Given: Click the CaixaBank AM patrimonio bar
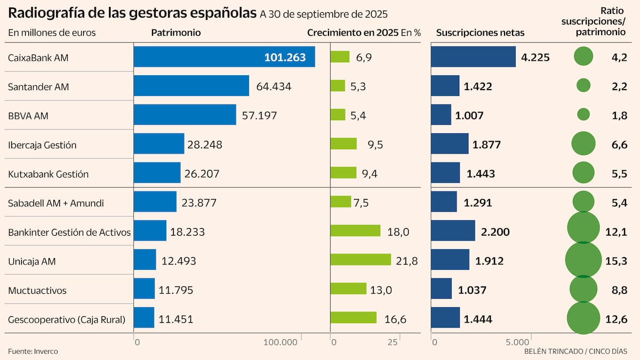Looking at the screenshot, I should [x=224, y=57].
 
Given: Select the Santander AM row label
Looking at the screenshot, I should [x=38, y=86].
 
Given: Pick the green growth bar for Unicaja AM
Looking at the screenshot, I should [x=361, y=260].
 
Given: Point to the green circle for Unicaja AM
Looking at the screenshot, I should [x=583, y=260].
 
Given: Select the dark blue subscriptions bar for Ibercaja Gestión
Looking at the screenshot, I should [x=449, y=144].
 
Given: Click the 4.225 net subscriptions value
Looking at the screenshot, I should [x=535, y=58].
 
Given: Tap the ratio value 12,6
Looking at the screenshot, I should [x=619, y=319].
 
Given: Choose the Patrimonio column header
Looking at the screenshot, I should [x=176, y=33].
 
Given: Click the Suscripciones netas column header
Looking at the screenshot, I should [x=480, y=33].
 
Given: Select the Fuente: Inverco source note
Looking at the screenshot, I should [x=33, y=351].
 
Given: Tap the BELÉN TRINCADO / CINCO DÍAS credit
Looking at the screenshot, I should [x=575, y=351].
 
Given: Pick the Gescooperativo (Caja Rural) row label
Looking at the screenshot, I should [x=67, y=319].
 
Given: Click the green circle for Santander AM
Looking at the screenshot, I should [x=583, y=85].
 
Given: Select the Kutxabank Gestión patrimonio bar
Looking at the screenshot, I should [x=157, y=173].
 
